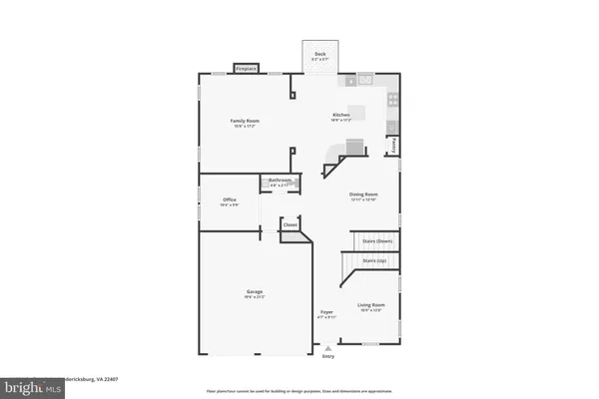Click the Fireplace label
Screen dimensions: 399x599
pos(246,68)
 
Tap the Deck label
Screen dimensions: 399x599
pos(319,54)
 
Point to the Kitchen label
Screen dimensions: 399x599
pos(341,116)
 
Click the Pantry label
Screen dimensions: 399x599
pos(393,145)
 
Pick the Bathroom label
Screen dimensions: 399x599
pos(280,181)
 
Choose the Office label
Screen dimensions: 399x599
pos(230,200)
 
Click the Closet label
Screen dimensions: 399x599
pos(291,225)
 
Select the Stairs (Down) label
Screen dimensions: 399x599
pos(377,240)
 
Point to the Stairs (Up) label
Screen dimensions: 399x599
pos(375,261)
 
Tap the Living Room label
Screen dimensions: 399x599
pos(371,305)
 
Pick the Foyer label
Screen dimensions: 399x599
pos(326,312)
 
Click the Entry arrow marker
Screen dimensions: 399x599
pos(326,347)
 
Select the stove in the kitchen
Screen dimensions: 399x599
pos(392,100)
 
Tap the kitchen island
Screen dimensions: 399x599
pos(356,112)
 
